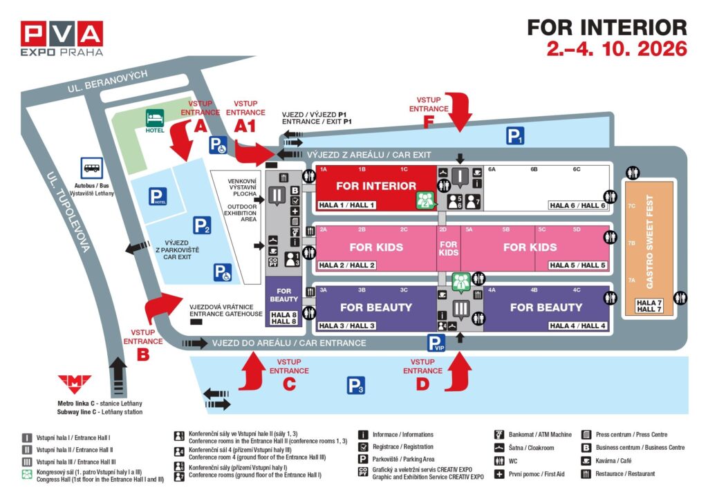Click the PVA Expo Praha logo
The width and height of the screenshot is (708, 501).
click(62, 38)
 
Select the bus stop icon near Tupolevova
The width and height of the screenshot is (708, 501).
click(92, 167)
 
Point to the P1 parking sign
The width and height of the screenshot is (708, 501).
click(514, 136)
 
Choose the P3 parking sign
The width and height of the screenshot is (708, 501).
click(356, 386)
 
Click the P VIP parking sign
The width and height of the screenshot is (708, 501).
click(436, 343)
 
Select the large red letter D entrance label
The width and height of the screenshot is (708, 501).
click(422, 384)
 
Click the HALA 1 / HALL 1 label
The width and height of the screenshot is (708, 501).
click(346, 205)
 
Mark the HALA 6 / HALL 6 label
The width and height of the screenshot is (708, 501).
click(578, 205)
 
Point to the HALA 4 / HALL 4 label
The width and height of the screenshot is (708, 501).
click(578, 325)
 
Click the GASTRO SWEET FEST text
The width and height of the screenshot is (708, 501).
click(649, 242)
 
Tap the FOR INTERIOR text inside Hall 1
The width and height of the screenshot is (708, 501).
click(376, 186)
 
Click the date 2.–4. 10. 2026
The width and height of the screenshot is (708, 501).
click(617, 49)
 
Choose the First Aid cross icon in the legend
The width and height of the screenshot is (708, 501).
click(499, 474)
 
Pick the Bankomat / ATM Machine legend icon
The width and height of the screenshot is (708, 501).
click(499, 435)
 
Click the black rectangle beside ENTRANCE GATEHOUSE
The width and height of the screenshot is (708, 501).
click(196, 322)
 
